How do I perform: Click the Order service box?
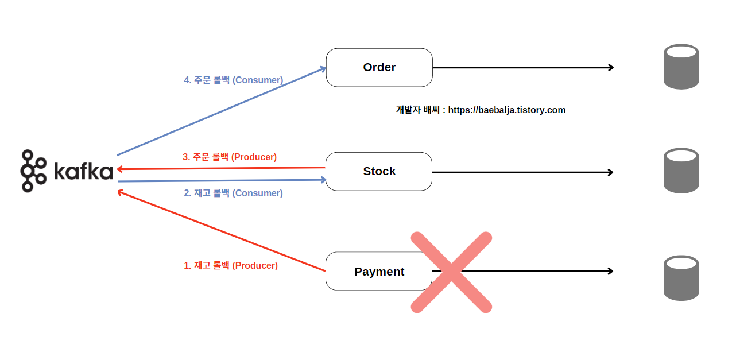pos(379,67)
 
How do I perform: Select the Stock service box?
pos(379,171)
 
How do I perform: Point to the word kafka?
pos(83,171)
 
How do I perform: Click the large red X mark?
pos(452,272)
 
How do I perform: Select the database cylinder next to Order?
pos(681,67)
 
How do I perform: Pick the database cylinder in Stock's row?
pos(681,171)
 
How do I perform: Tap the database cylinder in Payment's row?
pos(681,278)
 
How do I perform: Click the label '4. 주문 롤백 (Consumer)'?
pos(233,80)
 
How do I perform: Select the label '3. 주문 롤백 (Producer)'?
pos(230,157)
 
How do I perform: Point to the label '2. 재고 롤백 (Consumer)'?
pos(233,193)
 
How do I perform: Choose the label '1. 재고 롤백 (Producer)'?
pos(231,266)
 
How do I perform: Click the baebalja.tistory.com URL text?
pos(506,110)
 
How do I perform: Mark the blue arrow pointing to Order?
pos(221,111)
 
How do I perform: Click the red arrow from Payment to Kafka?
pos(221,231)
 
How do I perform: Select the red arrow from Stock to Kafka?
pos(221,168)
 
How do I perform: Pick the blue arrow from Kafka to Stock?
pos(221,181)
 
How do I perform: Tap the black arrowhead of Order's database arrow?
pos(610,67)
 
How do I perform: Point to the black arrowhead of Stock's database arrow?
pos(610,172)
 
